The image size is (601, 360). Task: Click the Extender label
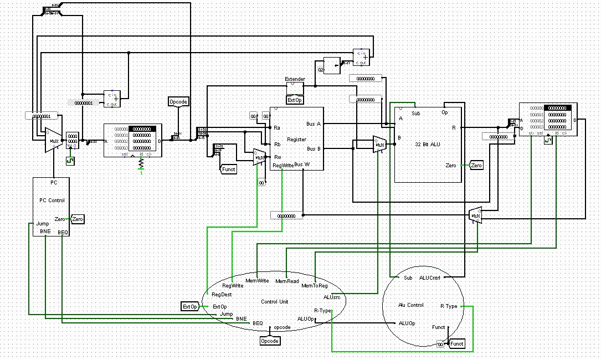click(295, 79)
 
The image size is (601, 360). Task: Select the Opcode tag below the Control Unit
click(270, 341)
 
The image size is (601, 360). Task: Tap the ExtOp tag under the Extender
click(295, 100)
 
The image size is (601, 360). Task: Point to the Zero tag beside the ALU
click(476, 166)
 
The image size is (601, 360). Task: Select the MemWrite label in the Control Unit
click(257, 281)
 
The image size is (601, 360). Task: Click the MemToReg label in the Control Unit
click(315, 286)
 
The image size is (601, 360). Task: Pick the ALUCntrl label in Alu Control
click(430, 278)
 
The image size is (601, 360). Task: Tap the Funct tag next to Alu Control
click(457, 344)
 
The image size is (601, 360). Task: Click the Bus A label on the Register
click(313, 124)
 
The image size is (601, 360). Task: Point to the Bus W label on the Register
click(302, 164)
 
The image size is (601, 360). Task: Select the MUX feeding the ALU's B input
click(379, 145)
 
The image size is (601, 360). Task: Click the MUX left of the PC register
click(53, 140)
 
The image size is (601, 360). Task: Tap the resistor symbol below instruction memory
click(141, 164)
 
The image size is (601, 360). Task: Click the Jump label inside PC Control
click(43, 224)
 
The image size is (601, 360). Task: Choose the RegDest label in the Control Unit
click(220, 295)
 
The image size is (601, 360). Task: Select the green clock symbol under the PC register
click(70, 161)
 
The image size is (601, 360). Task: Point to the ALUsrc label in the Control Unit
click(337, 297)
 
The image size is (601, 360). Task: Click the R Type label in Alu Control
click(449, 306)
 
